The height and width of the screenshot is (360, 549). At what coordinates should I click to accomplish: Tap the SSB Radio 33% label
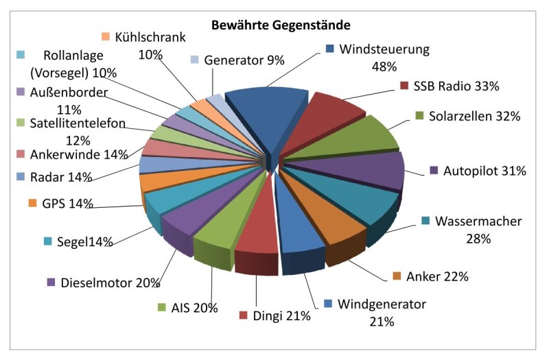455,86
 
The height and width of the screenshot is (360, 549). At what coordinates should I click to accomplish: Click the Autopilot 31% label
484,171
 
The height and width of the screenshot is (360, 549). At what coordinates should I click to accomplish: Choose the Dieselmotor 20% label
110,282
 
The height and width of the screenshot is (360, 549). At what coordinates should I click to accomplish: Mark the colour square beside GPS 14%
32,203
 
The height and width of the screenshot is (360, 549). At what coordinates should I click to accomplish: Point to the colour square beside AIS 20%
162,308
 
